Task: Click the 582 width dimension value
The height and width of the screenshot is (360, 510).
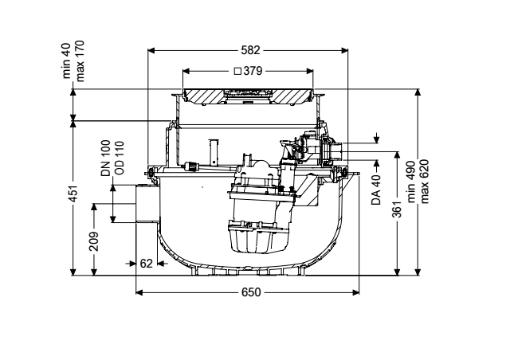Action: point(250,50)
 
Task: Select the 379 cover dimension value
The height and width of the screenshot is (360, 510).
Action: point(253,71)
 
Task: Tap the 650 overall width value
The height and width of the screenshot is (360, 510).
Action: point(251,292)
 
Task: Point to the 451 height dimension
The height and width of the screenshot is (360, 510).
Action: point(74,194)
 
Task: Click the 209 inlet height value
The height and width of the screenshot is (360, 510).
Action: point(94,241)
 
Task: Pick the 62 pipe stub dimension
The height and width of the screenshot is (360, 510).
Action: point(146,263)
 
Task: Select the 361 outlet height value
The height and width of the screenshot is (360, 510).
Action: point(397,209)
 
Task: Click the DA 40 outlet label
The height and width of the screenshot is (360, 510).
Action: point(376,190)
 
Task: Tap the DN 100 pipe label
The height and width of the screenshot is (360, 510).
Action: point(106,158)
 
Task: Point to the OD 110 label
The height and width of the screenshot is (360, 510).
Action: point(120,158)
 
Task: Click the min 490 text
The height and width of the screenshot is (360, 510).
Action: point(411,182)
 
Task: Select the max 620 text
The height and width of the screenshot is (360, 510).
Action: point(425,182)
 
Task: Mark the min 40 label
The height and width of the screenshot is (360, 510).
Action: point(66,61)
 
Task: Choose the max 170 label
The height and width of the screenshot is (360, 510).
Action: point(80,61)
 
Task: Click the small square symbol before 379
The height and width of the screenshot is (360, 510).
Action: point(237,71)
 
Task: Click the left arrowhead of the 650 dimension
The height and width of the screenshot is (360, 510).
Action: point(139,292)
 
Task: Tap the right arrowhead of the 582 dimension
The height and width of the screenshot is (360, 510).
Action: point(344,50)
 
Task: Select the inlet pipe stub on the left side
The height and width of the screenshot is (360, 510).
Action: point(147,204)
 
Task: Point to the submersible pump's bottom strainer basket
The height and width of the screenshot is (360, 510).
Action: point(258,237)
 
